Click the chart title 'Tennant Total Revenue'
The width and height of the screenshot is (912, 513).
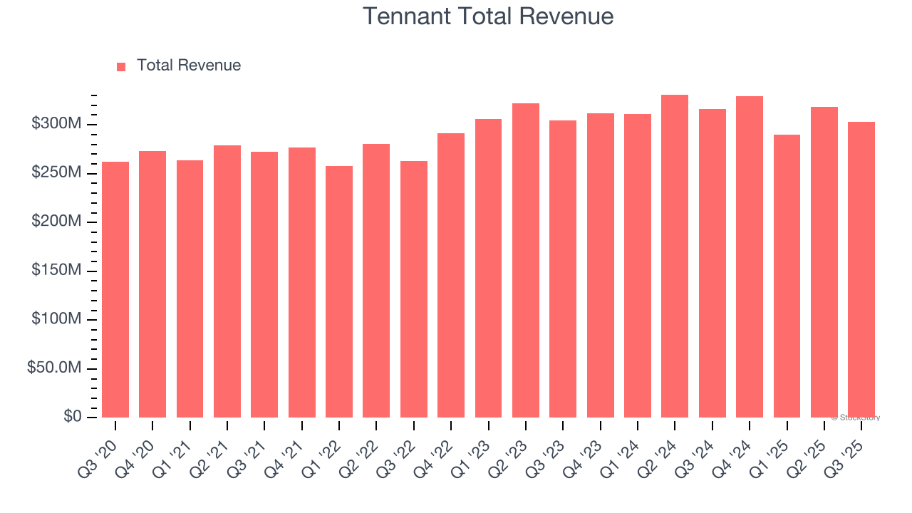pos(488,16)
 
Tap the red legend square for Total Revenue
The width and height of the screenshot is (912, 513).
pos(121,66)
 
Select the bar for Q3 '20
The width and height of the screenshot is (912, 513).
pos(115,289)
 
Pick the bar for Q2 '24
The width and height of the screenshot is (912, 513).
pos(675,256)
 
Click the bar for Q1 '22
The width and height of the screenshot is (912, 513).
pos(339,291)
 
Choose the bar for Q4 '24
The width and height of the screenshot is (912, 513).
pos(750,256)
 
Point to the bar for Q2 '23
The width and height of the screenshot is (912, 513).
pos(526,260)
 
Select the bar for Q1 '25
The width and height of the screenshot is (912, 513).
pos(787,276)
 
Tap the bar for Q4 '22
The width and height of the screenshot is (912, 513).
pos(451,275)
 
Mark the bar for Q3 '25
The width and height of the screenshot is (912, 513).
pos(861,269)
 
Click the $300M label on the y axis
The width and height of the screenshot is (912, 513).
pos(56,125)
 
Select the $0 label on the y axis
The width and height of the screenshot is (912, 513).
pos(71,417)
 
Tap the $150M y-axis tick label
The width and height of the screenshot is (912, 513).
pos(56,271)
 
